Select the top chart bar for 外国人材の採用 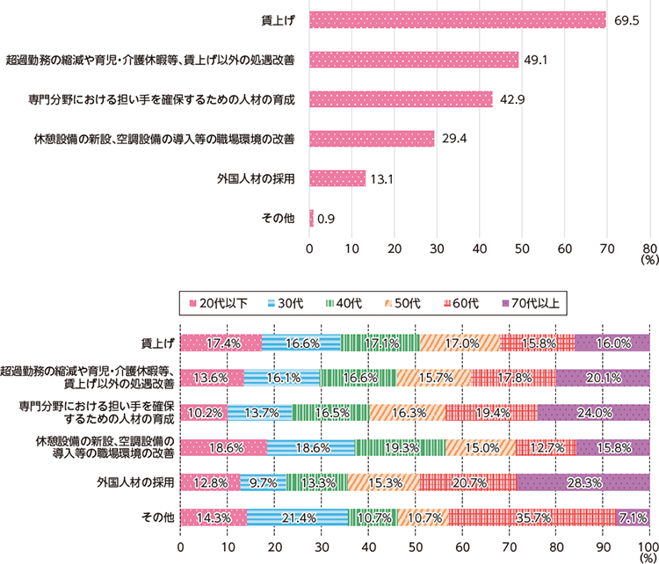tap(337, 178)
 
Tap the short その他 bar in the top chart tap(311, 217)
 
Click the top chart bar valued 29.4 tap(372, 139)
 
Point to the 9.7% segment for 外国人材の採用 tap(264, 482)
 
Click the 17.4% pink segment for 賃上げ tap(221, 343)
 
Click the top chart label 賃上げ tap(280, 20)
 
